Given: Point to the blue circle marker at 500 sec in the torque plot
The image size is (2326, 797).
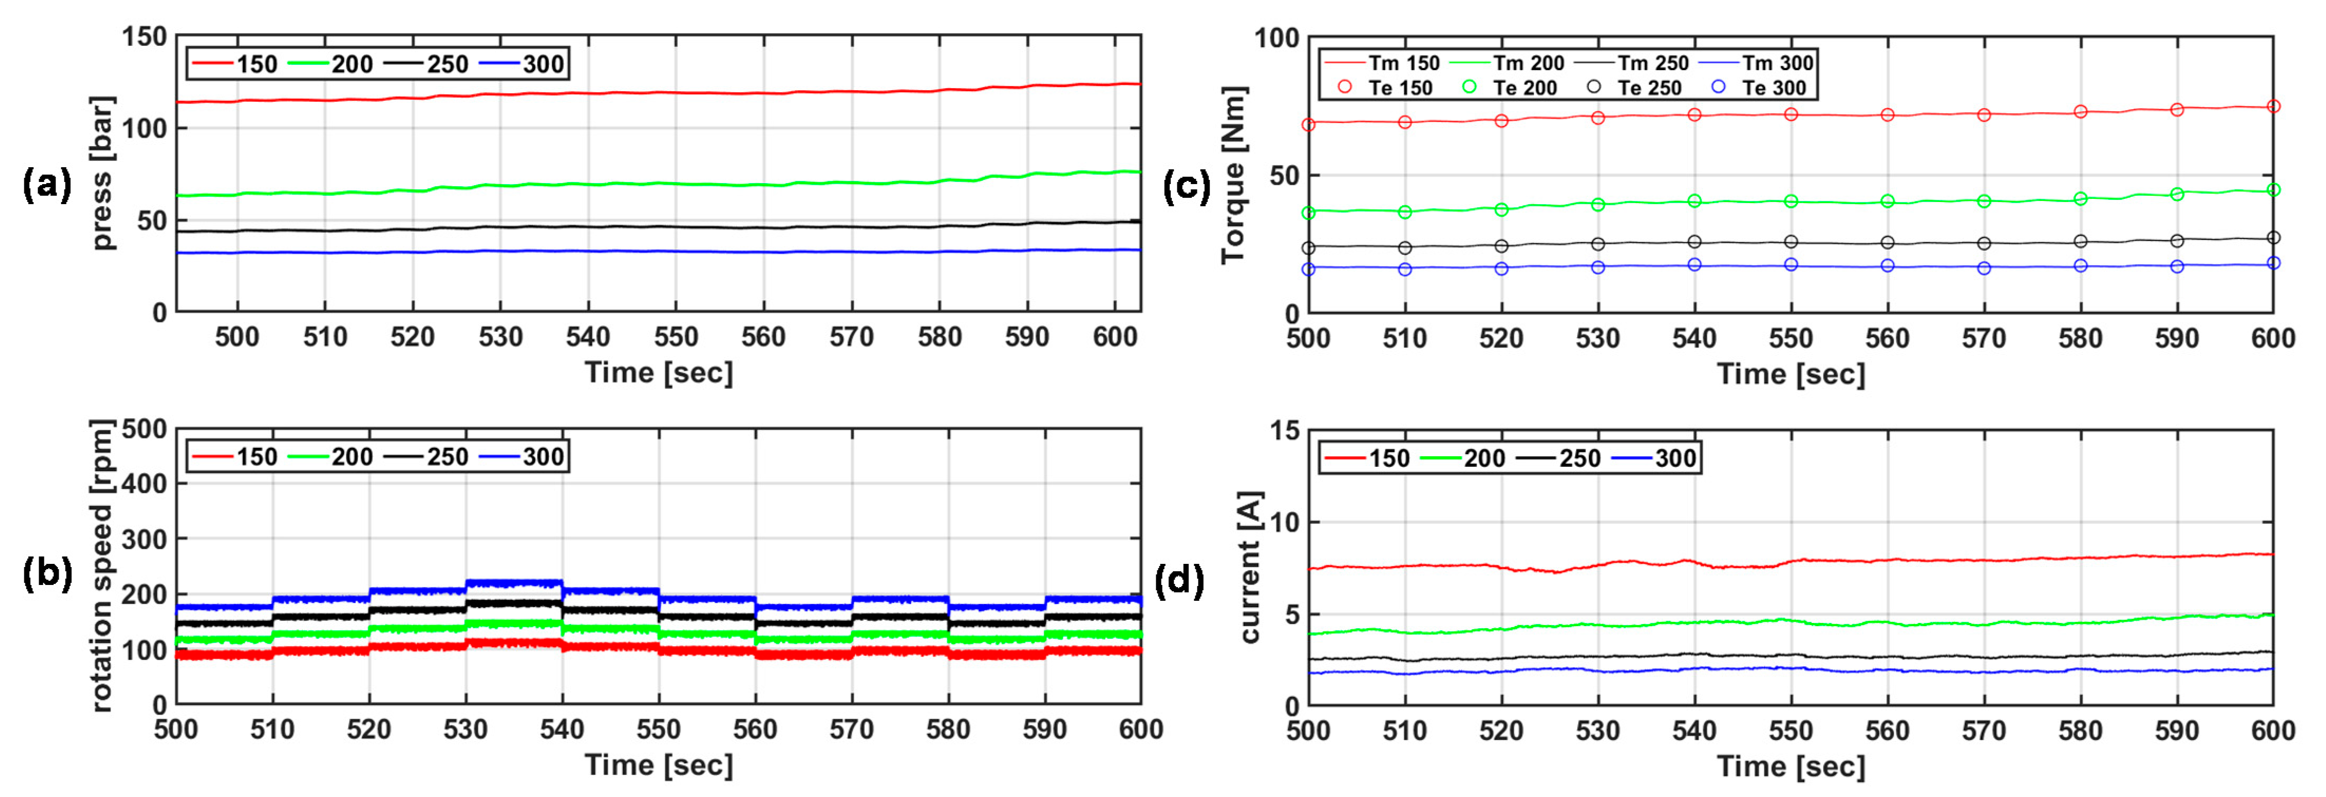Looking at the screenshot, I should pyautogui.click(x=1308, y=269).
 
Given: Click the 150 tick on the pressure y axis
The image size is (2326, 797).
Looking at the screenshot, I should pyautogui.click(x=145, y=37).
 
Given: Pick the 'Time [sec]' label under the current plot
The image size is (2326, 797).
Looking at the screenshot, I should pyautogui.click(x=1791, y=766).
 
